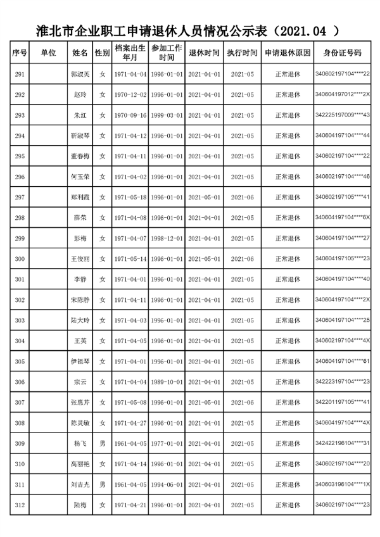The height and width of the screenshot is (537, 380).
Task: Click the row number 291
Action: [x=20, y=75]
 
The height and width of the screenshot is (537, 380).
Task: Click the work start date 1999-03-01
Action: [x=167, y=116]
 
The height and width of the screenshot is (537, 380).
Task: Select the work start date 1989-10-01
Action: [x=167, y=382]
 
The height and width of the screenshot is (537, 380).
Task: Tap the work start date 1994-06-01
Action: [x=167, y=484]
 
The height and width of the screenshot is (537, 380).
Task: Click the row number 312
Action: [x=20, y=505]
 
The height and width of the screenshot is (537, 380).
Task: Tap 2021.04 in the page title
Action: [x=301, y=30]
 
